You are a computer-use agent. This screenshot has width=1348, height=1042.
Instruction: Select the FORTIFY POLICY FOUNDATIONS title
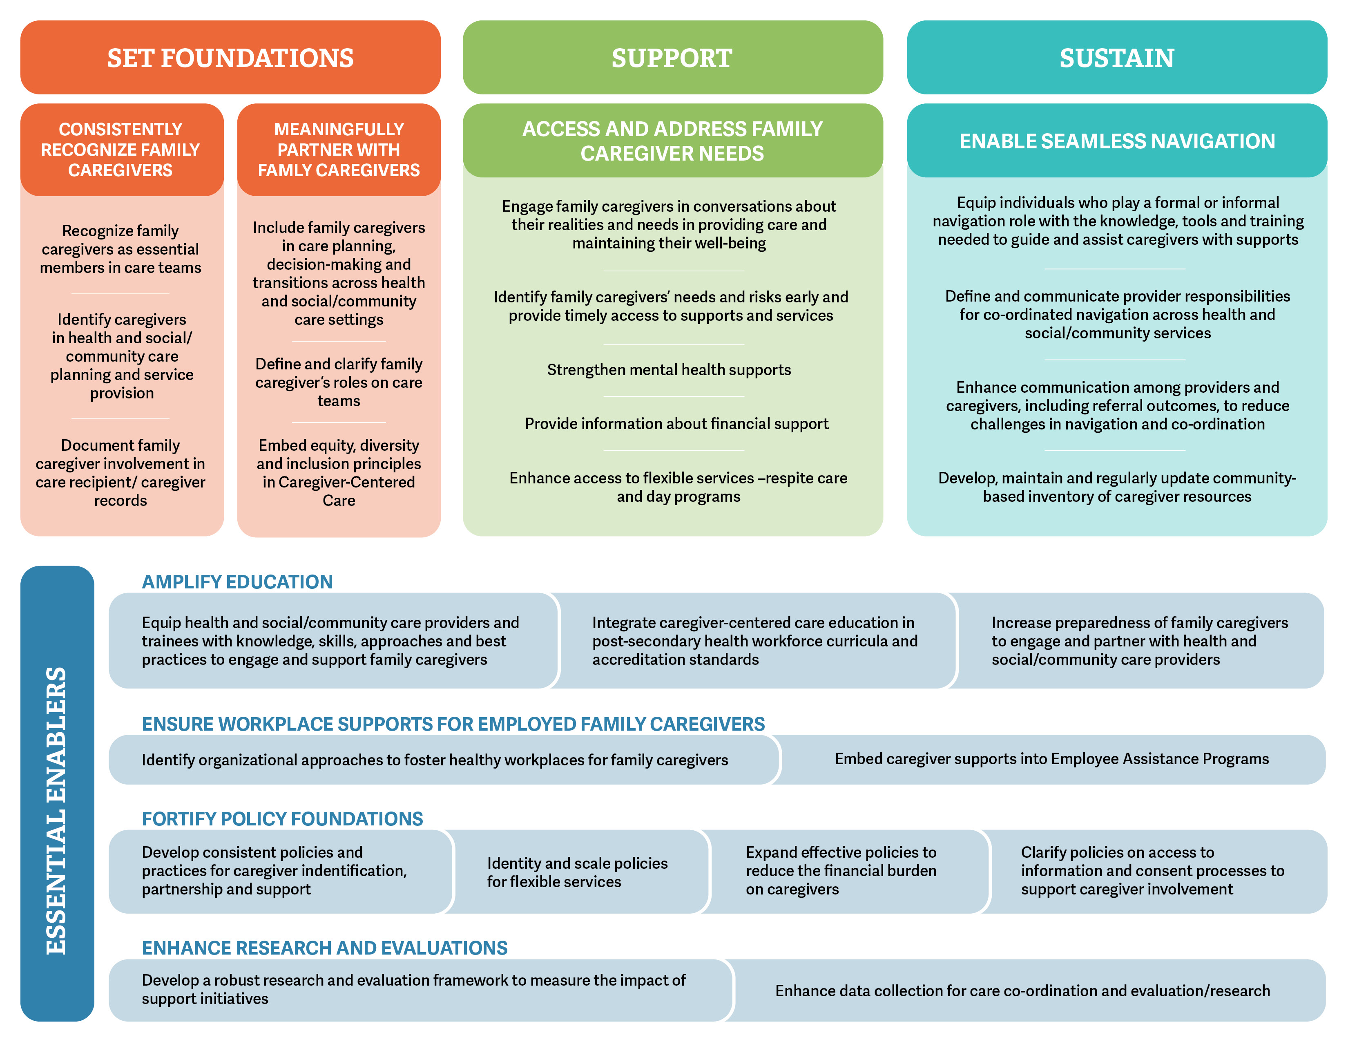(282, 818)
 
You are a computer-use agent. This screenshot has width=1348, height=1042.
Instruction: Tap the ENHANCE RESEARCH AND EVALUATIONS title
(325, 948)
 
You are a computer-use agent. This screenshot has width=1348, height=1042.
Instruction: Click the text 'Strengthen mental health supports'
(669, 370)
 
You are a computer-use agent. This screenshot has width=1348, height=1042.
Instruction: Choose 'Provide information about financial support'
(676, 423)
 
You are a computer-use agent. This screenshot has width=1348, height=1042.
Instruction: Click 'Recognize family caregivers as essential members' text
(121, 249)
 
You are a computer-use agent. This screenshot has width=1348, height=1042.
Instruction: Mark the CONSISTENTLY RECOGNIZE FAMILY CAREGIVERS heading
(121, 150)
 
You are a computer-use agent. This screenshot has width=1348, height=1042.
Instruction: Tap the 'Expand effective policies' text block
(841, 870)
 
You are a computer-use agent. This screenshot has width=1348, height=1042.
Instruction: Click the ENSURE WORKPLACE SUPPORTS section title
(453, 723)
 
